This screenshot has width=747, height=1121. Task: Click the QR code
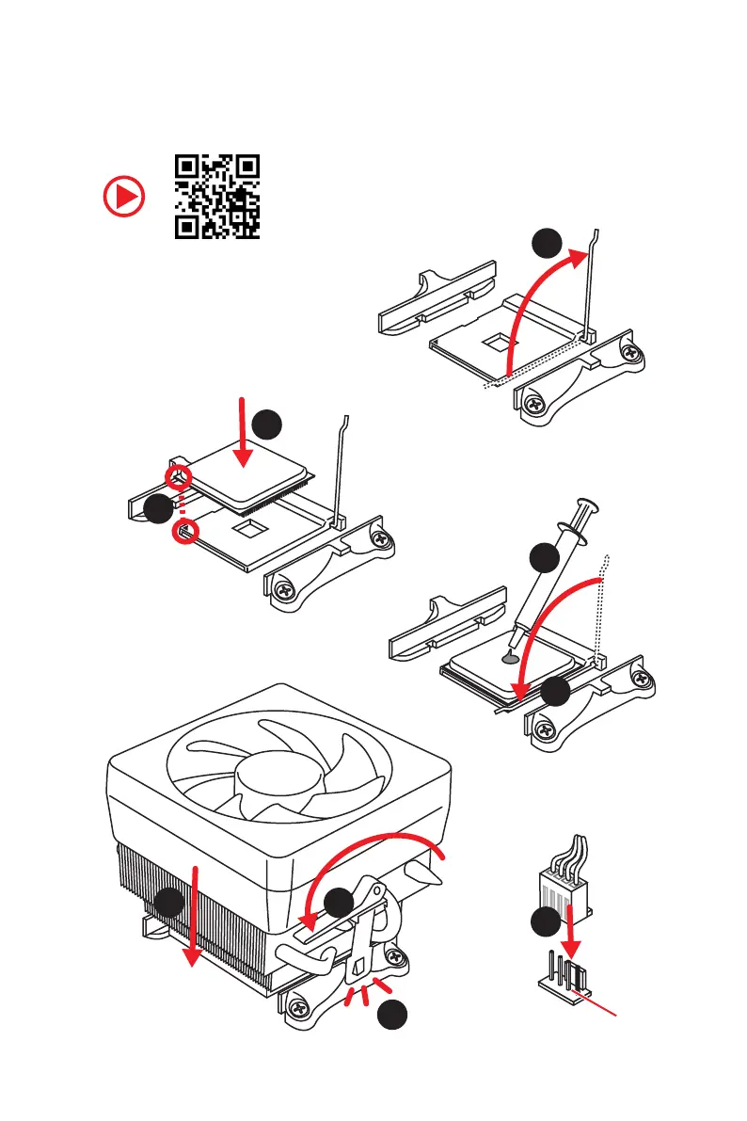coord(217,197)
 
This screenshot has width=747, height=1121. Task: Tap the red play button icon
coord(124,198)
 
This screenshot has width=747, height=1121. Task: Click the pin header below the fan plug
coord(564,976)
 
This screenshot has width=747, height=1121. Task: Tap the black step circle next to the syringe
coord(544,557)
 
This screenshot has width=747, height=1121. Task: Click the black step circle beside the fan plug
coord(543,921)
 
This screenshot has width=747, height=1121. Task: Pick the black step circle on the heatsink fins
coord(169,904)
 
